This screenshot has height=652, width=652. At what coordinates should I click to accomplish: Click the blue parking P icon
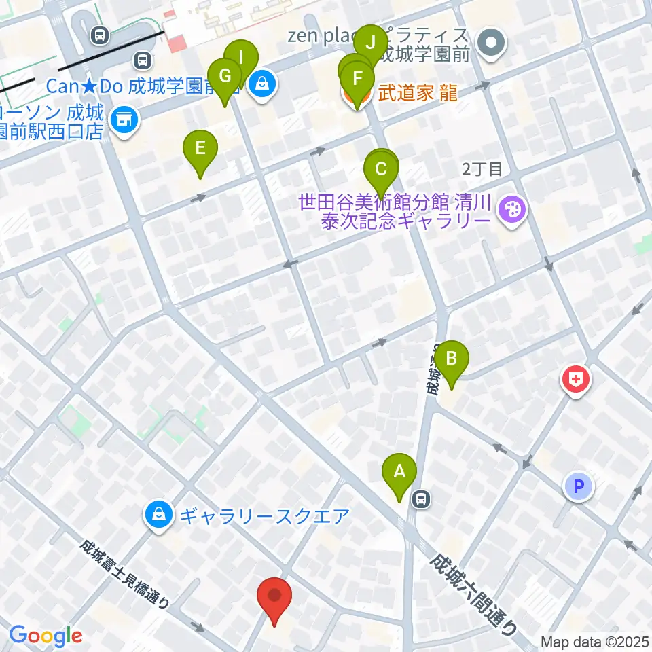[578, 486]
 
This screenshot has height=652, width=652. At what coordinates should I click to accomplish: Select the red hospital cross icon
[575, 379]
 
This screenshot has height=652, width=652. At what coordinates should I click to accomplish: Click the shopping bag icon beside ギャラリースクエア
[158, 516]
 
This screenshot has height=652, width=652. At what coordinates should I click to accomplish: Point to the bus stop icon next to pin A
[422, 500]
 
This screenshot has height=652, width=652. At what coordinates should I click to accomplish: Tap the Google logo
[46, 636]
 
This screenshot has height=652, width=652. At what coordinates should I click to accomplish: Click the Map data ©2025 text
[595, 641]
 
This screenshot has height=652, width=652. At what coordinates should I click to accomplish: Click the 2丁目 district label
[482, 169]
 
